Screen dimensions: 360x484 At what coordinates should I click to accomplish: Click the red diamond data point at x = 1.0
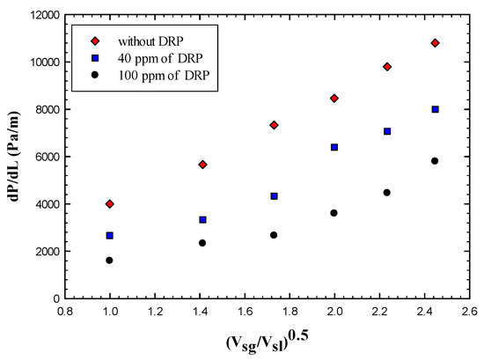pos(110,203)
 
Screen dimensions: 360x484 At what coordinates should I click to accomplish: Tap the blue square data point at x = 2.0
pos(334,147)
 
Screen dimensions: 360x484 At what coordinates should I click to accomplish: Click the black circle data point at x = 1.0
pos(110,261)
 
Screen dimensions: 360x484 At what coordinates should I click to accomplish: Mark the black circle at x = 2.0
pos(334,213)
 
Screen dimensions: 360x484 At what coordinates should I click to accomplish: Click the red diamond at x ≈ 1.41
pos(202,165)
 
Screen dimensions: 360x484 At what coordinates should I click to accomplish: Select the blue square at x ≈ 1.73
pos(274,196)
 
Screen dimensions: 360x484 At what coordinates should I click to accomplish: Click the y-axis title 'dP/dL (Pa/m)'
pos(12,157)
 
